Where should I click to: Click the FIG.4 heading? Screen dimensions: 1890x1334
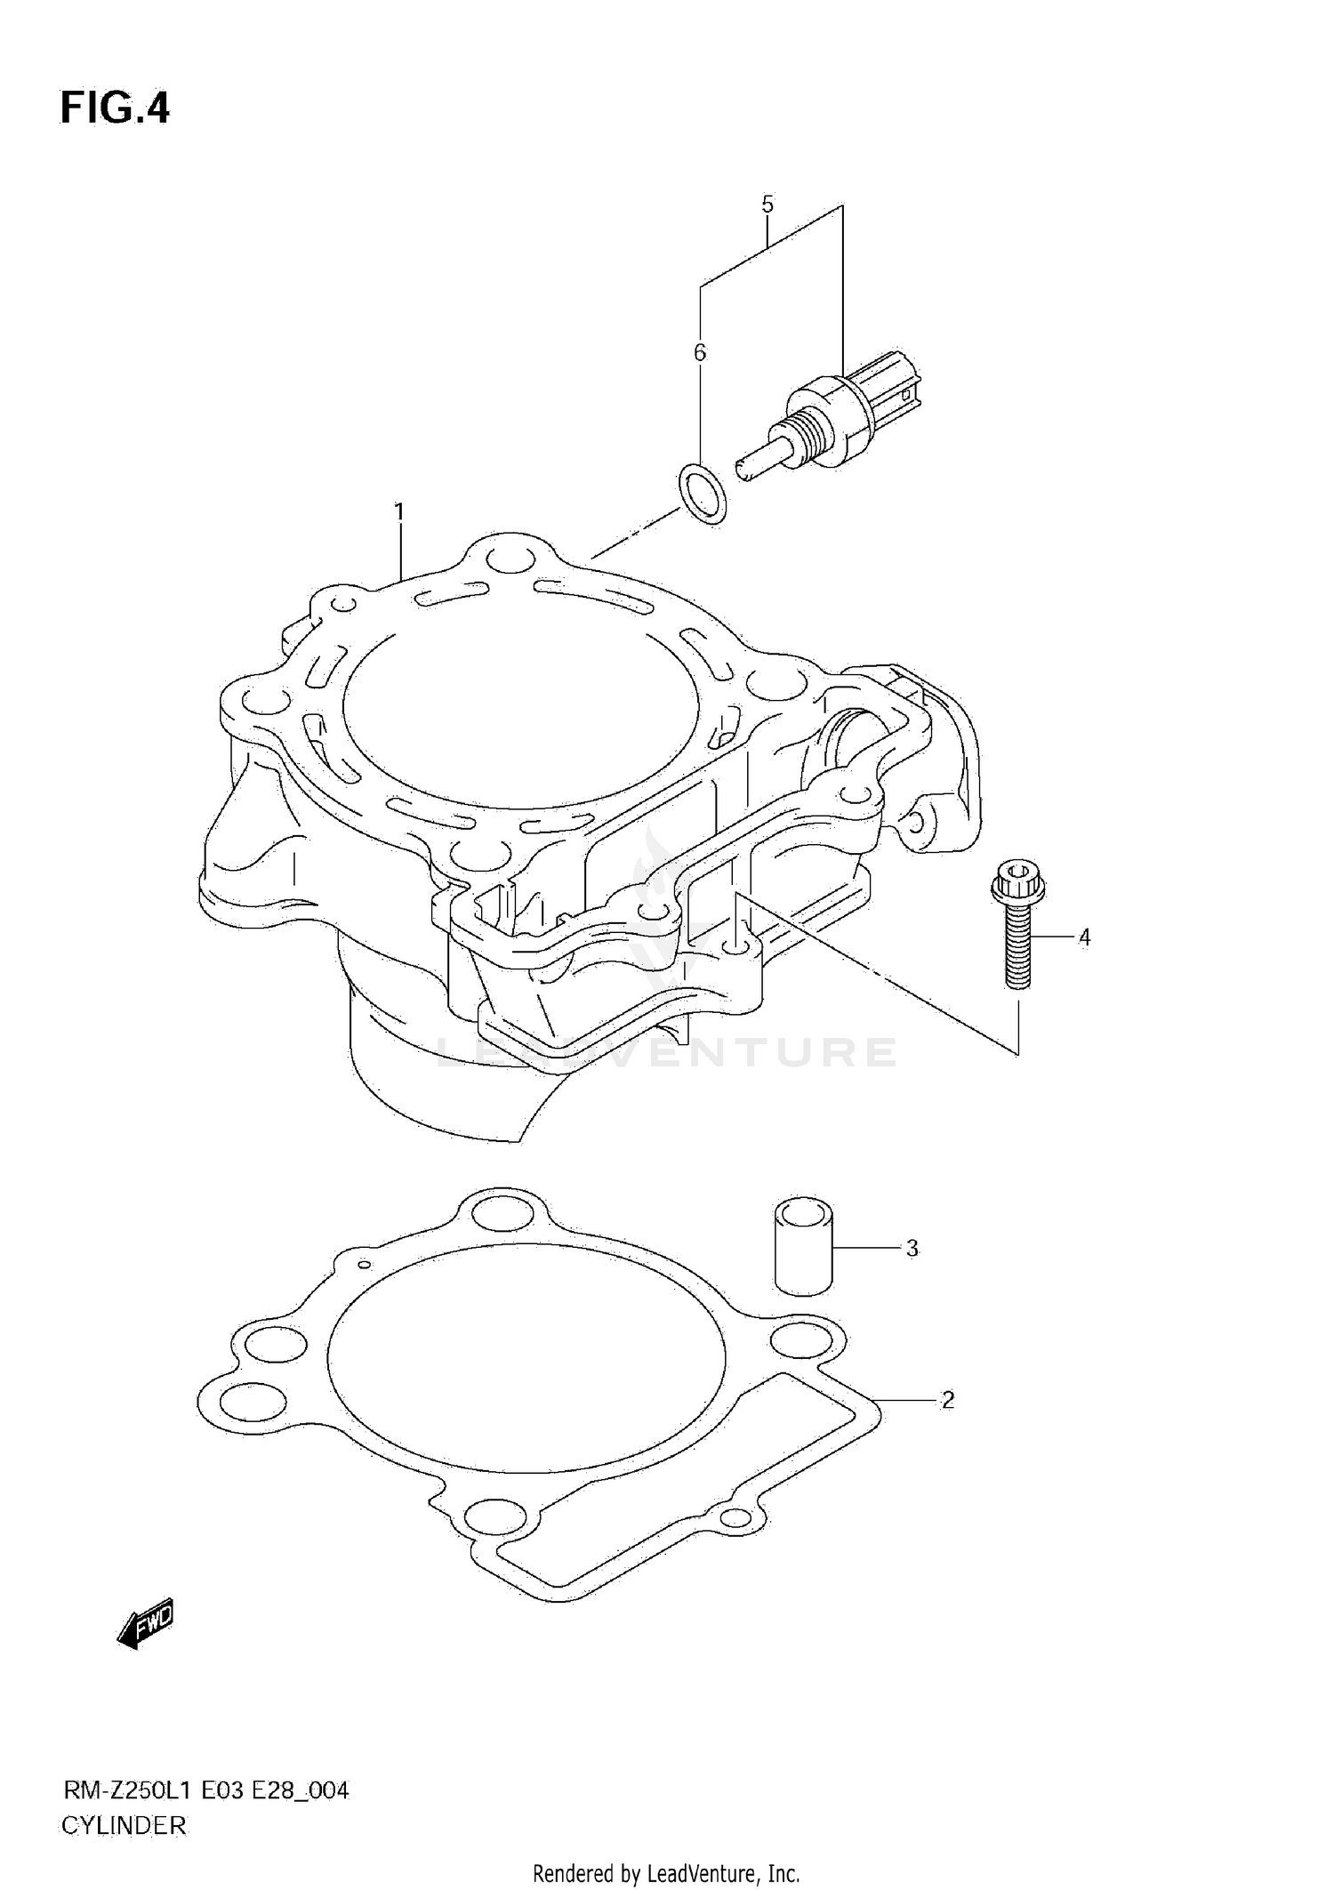pyautogui.click(x=115, y=109)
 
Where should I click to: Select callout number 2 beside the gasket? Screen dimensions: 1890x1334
pyautogui.click(x=947, y=1400)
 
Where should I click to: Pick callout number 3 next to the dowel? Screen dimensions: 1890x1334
pyautogui.click(x=912, y=1248)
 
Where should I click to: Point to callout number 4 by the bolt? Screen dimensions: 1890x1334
pyautogui.click(x=1084, y=937)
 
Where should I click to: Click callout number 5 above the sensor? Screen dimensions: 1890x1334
pyautogui.click(x=767, y=205)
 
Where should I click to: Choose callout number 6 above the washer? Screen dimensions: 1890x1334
pyautogui.click(x=700, y=353)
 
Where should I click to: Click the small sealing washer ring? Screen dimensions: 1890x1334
pyautogui.click(x=703, y=493)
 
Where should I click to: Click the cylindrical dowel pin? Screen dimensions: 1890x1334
pyautogui.click(x=803, y=1245)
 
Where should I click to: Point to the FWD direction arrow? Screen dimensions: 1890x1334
pyautogui.click(x=146, y=1625)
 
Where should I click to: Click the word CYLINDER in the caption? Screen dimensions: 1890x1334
pyautogui.click(x=124, y=1826)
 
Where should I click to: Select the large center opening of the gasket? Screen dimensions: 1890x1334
pyautogui.click(x=525, y=1358)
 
